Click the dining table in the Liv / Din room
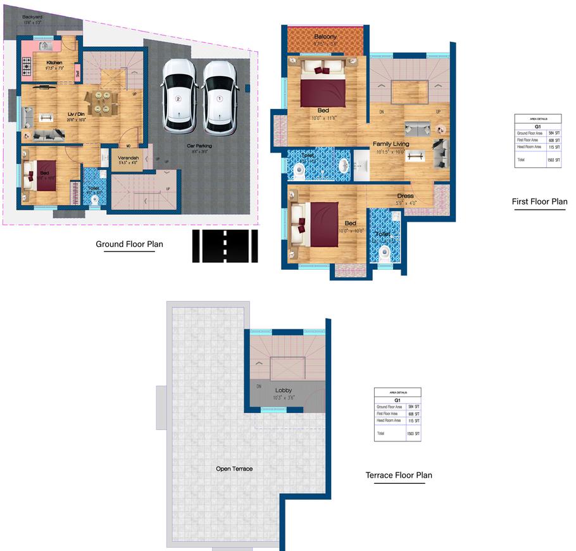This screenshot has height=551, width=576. click(x=101, y=102)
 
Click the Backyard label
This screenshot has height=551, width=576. click(x=32, y=17)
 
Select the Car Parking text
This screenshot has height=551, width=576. click(x=199, y=146)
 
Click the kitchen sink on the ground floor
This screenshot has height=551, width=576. click(x=45, y=46)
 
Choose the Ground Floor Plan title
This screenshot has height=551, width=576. click(x=125, y=244)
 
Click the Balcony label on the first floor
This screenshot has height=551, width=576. click(x=325, y=37)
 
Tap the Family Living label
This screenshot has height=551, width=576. click(x=391, y=144)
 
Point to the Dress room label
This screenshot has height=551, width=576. click(x=406, y=196)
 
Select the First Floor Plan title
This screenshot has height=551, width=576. click(x=539, y=202)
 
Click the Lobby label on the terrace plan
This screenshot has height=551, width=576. click(x=283, y=390)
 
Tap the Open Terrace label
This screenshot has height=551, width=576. click(x=234, y=469)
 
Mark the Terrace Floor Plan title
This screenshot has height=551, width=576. click(x=399, y=475)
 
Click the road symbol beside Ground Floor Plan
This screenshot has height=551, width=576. click(x=225, y=246)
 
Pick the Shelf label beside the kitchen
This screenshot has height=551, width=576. click(x=78, y=73)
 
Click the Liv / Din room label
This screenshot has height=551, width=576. click(x=76, y=114)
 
